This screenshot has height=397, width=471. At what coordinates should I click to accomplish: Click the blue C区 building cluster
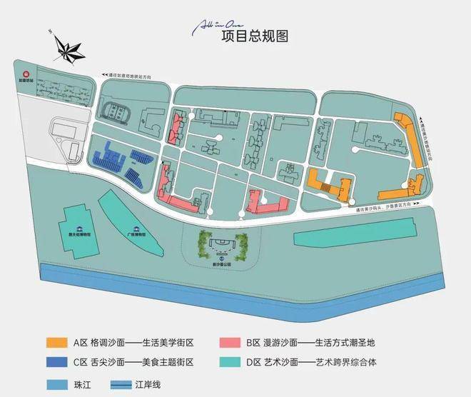(121, 163)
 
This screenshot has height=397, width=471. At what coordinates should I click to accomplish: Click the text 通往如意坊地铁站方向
(137, 74)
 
